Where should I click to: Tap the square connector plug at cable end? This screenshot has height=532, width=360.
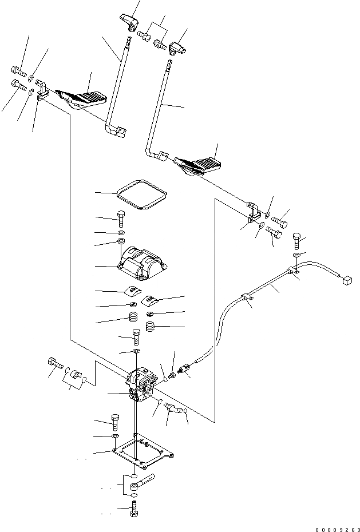(x=346, y=279)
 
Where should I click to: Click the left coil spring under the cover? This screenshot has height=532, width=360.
(x=132, y=317)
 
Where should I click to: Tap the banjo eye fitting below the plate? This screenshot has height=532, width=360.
(x=136, y=485)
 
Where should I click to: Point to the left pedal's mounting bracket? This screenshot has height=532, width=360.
(x=41, y=91)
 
